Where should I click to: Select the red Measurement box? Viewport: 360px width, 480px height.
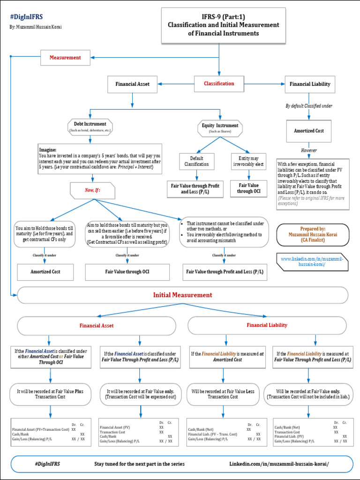[66, 58]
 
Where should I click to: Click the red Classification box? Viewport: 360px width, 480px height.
[219, 84]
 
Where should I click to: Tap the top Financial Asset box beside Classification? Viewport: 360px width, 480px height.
[133, 84]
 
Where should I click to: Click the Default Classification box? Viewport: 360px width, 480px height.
[197, 161]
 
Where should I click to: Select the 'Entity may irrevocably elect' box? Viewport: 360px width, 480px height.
[248, 161]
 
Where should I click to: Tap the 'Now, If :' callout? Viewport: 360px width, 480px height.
[93, 190]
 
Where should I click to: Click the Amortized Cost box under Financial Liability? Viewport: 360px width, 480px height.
[309, 131]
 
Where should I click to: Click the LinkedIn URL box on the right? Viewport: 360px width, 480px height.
[312, 262]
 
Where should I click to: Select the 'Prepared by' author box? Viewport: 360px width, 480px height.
[312, 234]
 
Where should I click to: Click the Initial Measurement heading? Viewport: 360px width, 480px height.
[182, 295]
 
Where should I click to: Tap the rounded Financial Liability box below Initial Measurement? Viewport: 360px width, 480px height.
[267, 325]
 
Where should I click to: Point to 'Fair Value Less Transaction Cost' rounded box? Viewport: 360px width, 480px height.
[223, 394]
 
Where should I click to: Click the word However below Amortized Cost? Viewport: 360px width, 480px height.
[309, 150]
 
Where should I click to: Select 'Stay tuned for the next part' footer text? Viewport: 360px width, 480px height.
[139, 464]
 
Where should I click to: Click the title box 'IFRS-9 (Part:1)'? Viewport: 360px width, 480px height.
[223, 25]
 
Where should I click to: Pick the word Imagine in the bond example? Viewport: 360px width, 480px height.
[48, 149]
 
